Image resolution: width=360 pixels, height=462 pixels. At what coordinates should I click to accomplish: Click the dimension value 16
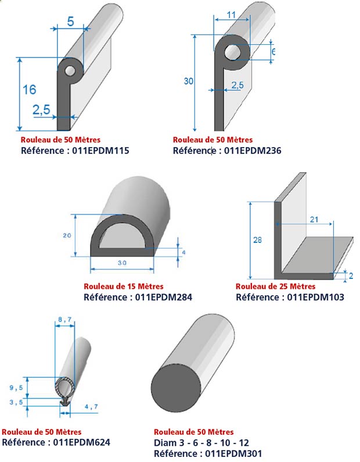30,89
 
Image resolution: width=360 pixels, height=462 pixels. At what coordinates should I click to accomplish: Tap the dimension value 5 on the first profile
71,22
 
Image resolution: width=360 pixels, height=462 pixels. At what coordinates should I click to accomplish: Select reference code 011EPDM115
100,151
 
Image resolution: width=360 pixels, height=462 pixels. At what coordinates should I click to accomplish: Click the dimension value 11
232,15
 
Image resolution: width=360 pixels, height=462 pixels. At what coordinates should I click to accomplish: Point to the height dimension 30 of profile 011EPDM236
189,81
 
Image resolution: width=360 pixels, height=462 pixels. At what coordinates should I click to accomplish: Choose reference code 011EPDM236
253,151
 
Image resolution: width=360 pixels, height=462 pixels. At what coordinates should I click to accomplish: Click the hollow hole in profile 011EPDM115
70,71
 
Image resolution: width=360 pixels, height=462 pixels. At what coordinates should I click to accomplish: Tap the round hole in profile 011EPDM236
233,53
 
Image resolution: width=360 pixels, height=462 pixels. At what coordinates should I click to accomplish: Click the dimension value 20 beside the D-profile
67,235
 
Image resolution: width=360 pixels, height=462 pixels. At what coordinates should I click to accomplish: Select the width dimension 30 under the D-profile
122,263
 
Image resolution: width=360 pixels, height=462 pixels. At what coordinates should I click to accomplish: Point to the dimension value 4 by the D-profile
184,253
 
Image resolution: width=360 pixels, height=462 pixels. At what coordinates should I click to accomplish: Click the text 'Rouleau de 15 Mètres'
124,286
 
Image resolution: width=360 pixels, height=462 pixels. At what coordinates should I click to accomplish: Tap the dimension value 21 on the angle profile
314,219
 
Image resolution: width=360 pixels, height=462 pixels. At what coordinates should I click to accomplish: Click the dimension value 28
258,240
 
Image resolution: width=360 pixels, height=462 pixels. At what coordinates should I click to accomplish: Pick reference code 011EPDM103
315,297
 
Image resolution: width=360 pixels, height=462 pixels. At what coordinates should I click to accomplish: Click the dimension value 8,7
65,320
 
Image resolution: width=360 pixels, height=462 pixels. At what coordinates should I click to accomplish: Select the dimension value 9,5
16,388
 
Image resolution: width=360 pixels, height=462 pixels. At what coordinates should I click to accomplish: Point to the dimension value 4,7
91,407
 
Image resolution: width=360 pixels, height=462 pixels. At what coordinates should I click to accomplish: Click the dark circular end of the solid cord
176,388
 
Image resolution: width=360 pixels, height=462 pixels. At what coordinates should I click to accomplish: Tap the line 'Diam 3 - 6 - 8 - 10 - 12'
201,443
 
